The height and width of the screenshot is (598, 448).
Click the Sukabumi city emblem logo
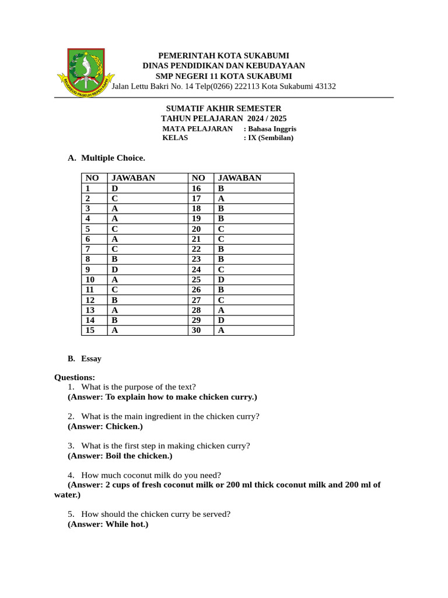click(86, 73)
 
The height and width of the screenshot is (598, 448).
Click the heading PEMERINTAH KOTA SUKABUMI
click(224, 55)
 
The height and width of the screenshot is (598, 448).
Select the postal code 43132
click(325, 86)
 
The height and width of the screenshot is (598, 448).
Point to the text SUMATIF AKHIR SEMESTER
click(223, 109)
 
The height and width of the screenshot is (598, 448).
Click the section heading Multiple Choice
click(113, 158)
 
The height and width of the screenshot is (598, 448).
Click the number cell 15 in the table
click(90, 331)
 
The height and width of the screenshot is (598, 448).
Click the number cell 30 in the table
click(197, 331)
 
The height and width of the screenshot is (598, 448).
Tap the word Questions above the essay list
click(74, 377)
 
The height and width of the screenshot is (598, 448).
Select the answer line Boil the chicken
click(120, 456)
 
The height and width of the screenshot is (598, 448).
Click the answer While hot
click(108, 524)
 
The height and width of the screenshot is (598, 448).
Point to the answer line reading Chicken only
click(105, 426)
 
